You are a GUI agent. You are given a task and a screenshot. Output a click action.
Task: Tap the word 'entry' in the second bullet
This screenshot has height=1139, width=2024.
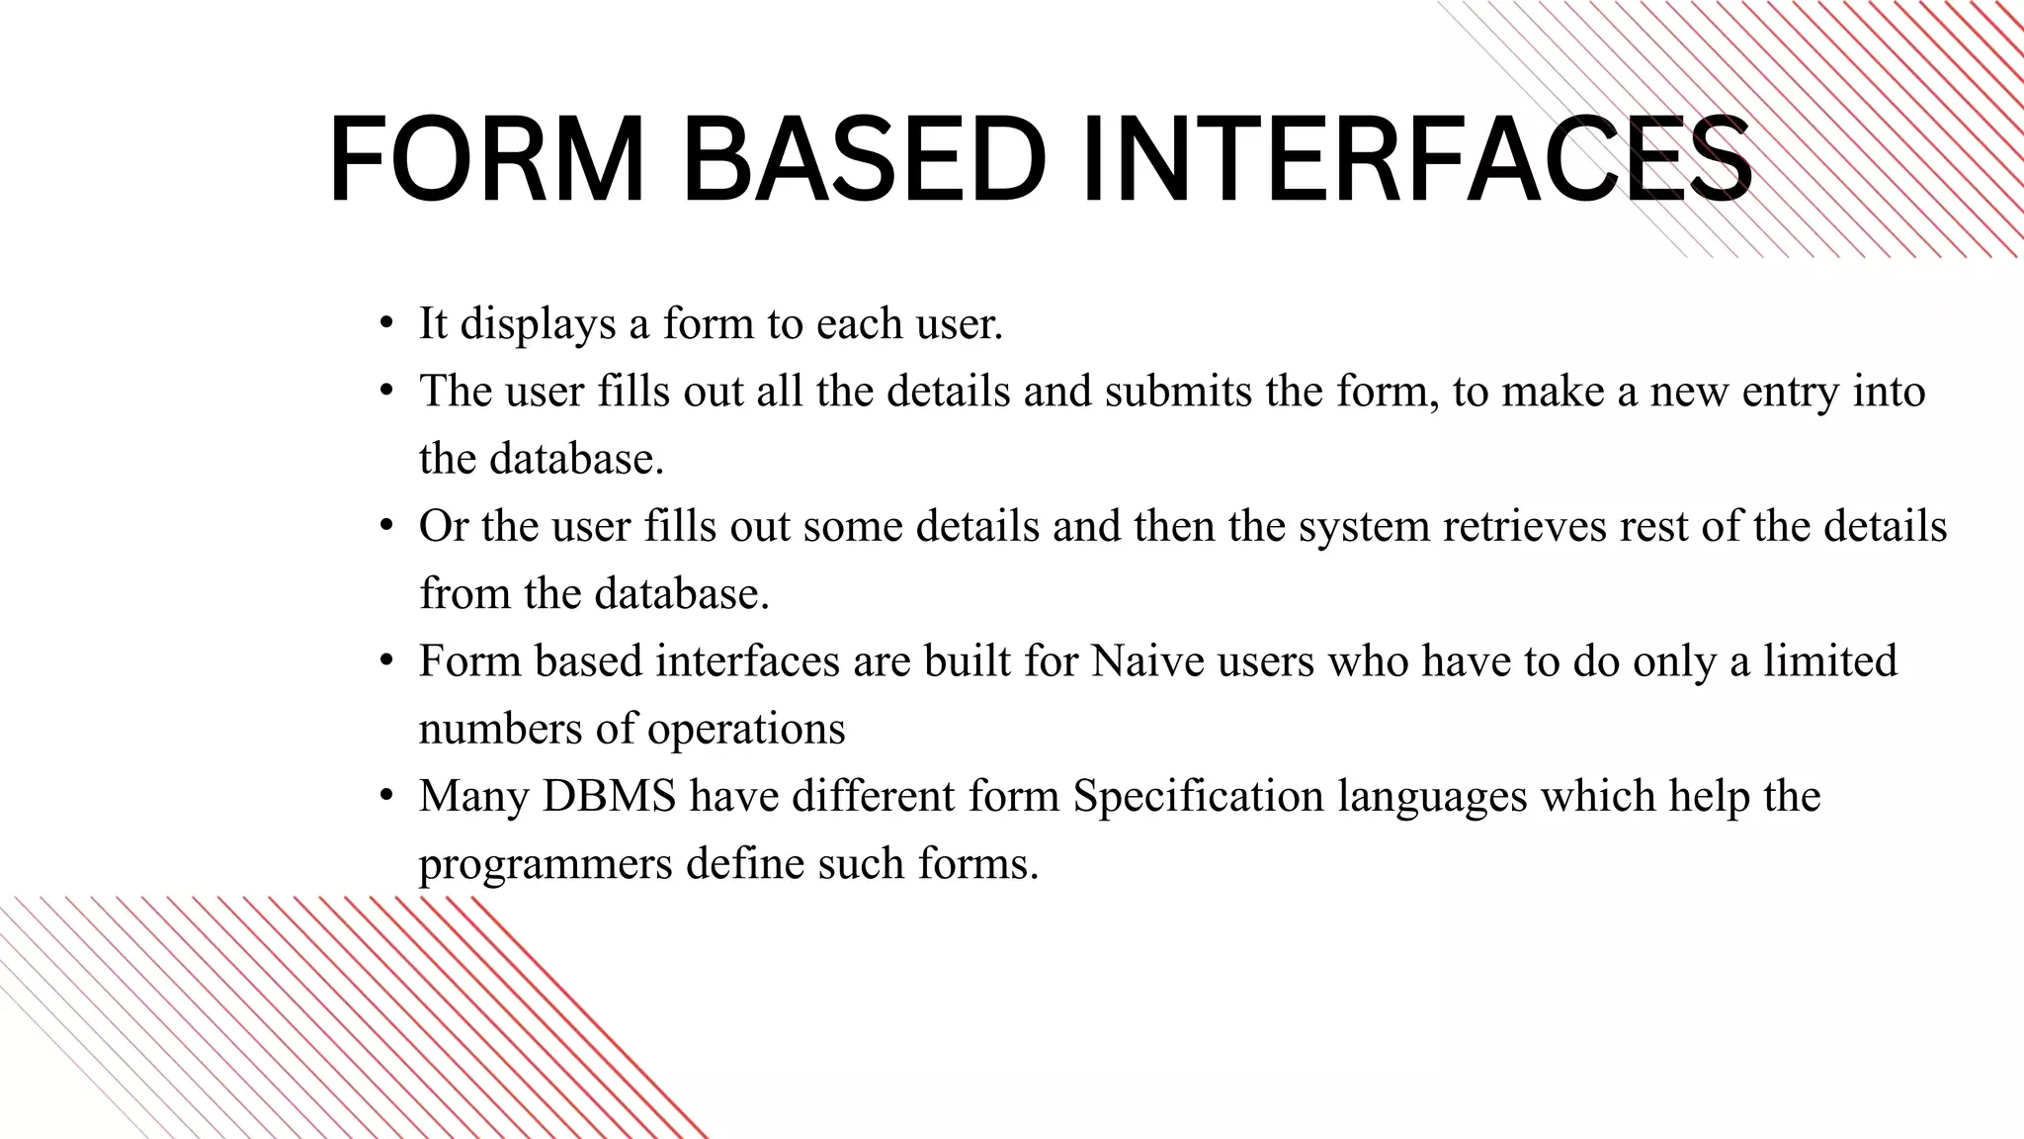(1790, 392)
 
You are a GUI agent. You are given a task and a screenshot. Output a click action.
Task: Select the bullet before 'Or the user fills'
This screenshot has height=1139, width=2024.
(386, 527)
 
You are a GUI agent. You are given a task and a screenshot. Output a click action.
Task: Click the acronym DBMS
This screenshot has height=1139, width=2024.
(609, 796)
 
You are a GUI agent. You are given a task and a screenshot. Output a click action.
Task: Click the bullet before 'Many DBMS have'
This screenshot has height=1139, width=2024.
(386, 797)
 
